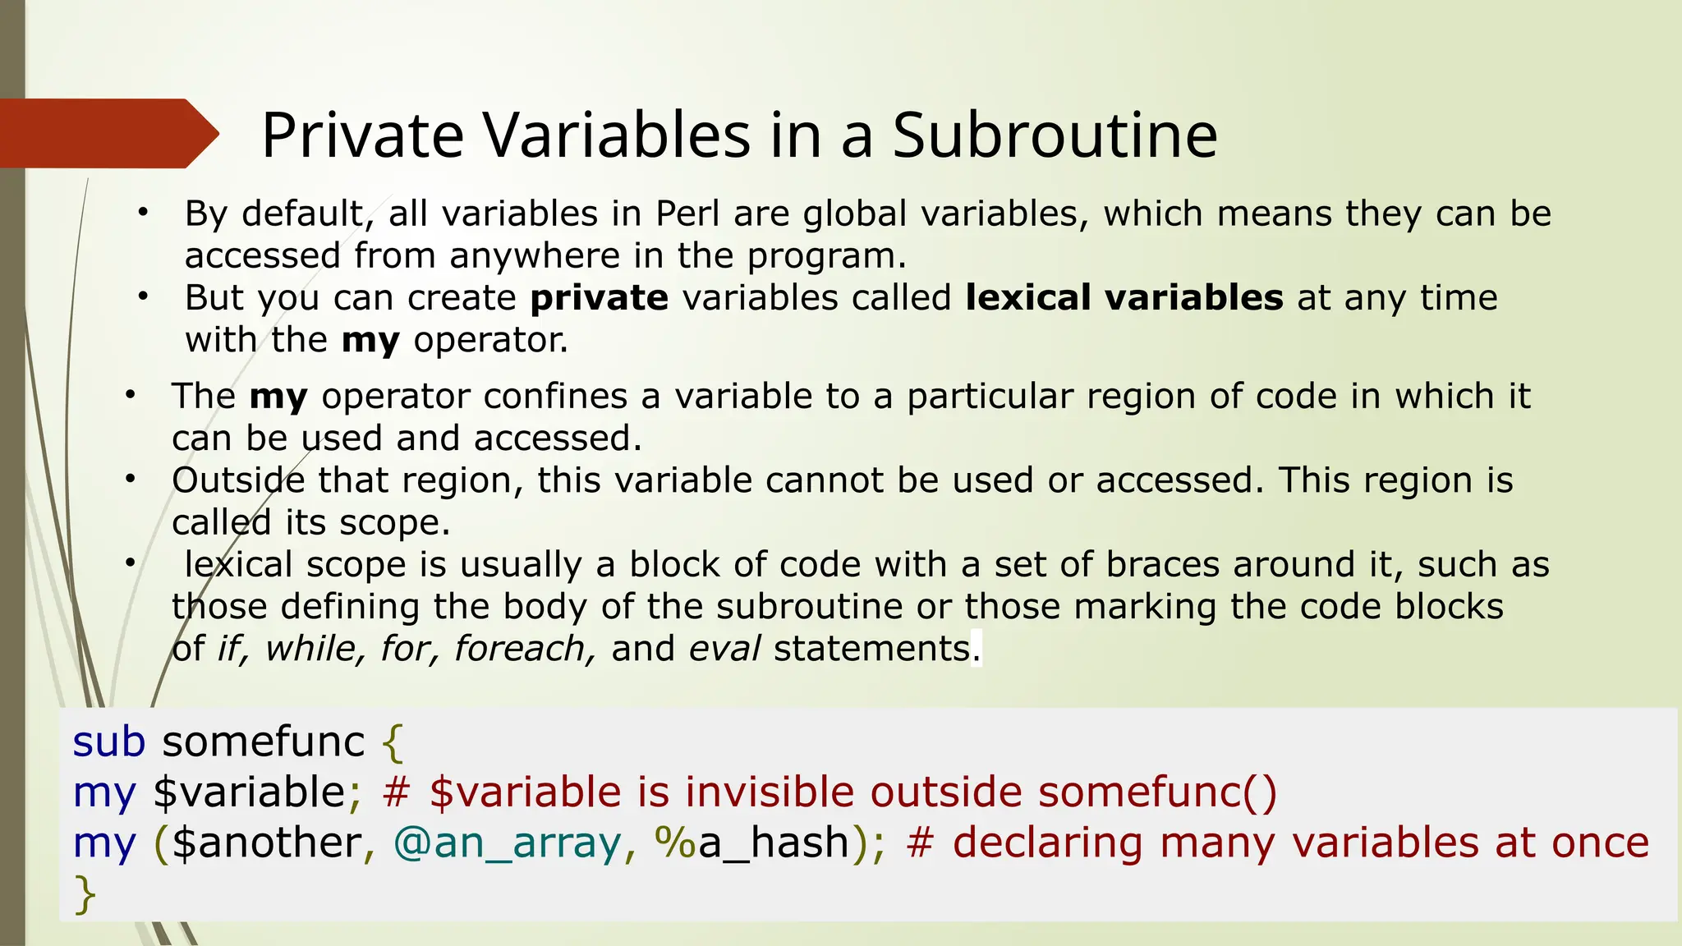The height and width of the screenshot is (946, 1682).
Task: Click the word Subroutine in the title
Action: pyautogui.click(x=1055, y=135)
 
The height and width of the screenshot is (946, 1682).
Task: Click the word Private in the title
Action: pyautogui.click(x=362, y=135)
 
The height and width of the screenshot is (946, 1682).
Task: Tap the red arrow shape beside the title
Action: pyautogui.click(x=107, y=133)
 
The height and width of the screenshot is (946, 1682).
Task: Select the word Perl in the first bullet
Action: pyautogui.click(x=687, y=214)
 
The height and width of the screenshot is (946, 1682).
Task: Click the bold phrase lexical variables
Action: pyautogui.click(x=1124, y=298)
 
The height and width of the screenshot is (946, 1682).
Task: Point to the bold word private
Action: pyautogui.click(x=599, y=298)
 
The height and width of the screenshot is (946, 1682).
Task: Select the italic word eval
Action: pyautogui.click(x=724, y=649)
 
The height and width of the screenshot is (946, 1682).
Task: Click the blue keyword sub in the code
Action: pyautogui.click(x=108, y=742)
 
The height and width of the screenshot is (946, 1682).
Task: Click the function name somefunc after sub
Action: pyautogui.click(x=263, y=742)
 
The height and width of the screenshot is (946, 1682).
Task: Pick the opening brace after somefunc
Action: pyautogui.click(x=393, y=744)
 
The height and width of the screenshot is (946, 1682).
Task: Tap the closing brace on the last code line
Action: pyautogui.click(x=85, y=895)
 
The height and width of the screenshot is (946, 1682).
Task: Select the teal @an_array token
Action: pyautogui.click(x=507, y=843)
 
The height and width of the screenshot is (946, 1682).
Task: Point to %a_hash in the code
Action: pyautogui.click(x=751, y=843)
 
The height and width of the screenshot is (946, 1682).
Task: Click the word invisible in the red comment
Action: pyautogui.click(x=770, y=793)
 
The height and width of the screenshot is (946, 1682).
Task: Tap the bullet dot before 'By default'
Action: pyautogui.click(x=143, y=213)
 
